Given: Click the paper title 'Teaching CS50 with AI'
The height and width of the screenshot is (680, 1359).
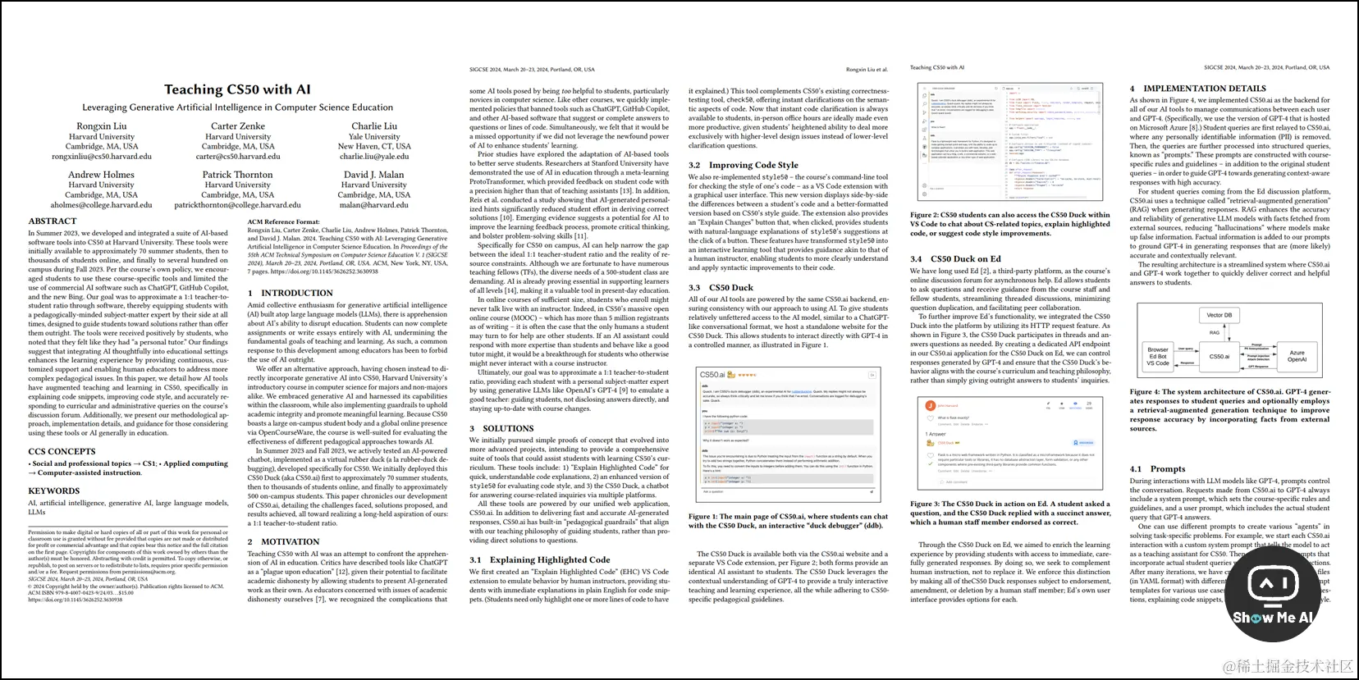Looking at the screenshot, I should tap(237, 89).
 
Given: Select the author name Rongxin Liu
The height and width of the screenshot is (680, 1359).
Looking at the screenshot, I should tap(102, 126).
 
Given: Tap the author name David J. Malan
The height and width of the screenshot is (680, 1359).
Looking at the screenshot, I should tap(373, 175).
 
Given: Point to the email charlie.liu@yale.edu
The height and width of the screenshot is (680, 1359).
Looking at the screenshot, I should tap(374, 157).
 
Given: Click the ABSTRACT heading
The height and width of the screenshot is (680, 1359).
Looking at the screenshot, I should tap(53, 221).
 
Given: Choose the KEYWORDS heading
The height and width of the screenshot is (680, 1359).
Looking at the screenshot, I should tap(54, 491).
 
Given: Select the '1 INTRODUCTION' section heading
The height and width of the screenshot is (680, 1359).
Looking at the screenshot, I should tap(291, 293).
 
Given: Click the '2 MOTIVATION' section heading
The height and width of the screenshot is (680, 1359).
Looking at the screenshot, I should tap(284, 542).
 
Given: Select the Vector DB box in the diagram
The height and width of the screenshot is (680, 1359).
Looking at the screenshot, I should tap(1219, 315).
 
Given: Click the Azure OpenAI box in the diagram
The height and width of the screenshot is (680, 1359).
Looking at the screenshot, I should tap(1297, 356).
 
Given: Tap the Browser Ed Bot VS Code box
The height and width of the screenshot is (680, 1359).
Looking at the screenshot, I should tap(1158, 356).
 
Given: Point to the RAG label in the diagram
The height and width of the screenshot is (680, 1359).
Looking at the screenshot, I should tap(1215, 333).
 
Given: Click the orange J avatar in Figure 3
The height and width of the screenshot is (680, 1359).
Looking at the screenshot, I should tap(930, 405).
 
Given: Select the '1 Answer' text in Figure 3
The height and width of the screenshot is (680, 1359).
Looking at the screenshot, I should tap(936, 434).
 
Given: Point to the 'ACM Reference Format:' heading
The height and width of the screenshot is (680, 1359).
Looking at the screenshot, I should tap(284, 221).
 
